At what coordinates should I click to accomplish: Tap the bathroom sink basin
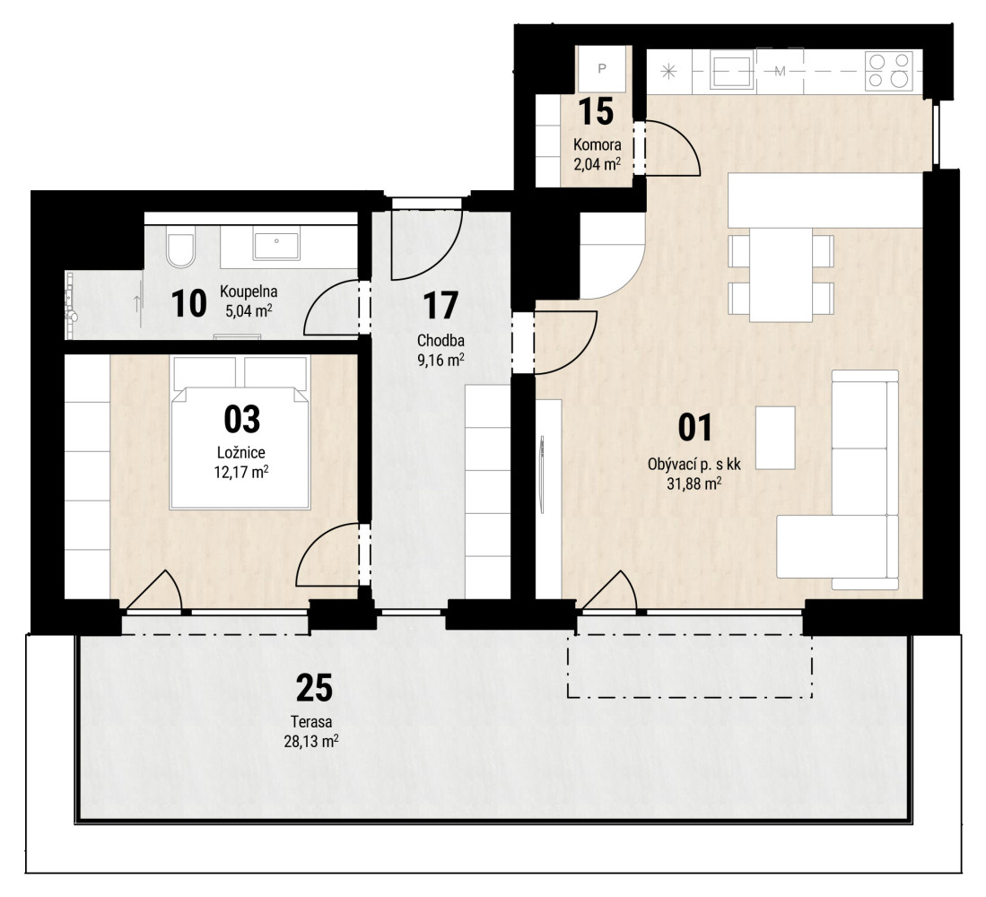[276, 245]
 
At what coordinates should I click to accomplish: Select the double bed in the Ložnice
[240, 432]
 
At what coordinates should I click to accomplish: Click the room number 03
[242, 419]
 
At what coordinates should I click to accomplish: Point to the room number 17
[441, 306]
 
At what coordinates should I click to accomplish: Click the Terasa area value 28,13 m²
[311, 741]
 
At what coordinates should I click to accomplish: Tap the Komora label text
[597, 144]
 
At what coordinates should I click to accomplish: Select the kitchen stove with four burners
[889, 70]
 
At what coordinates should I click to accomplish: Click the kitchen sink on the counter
[733, 70]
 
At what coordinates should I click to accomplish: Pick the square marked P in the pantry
[602, 68]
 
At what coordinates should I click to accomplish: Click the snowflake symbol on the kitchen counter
[668, 71]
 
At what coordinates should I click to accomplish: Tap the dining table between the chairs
[781, 274]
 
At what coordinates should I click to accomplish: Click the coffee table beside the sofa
[775, 438]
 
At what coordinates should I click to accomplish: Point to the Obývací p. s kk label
[694, 466]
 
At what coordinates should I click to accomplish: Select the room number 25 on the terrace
[314, 688]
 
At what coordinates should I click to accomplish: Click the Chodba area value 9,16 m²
[441, 361]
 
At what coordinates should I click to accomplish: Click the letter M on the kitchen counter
[781, 71]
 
